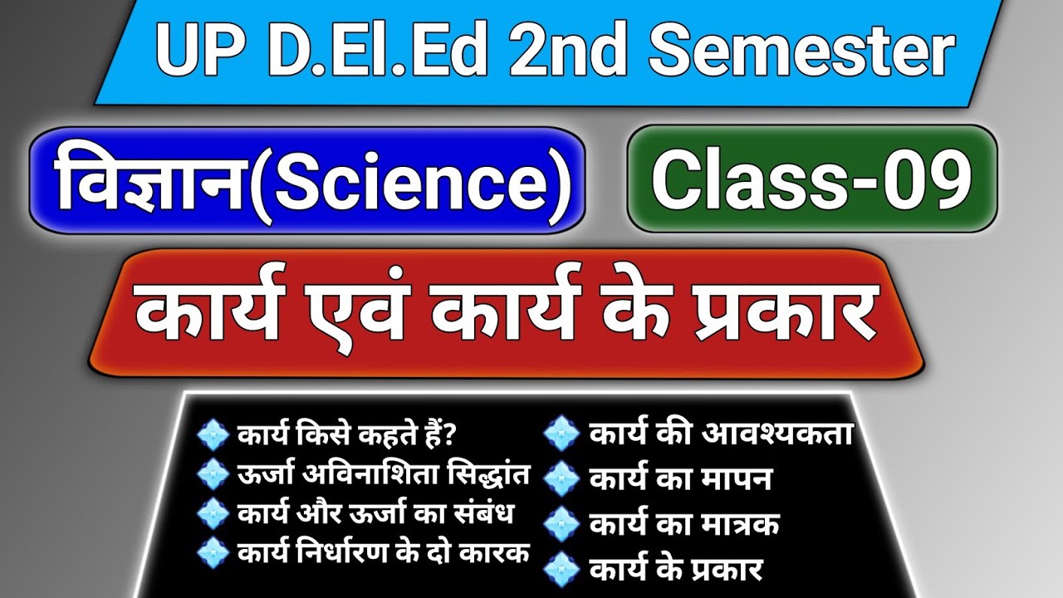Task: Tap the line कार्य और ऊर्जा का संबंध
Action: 375,514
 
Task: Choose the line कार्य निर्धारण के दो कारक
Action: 383,552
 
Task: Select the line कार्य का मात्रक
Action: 683,525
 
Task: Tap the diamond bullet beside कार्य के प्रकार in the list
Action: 564,571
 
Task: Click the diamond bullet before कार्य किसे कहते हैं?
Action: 213,434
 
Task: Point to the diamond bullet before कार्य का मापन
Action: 564,479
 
